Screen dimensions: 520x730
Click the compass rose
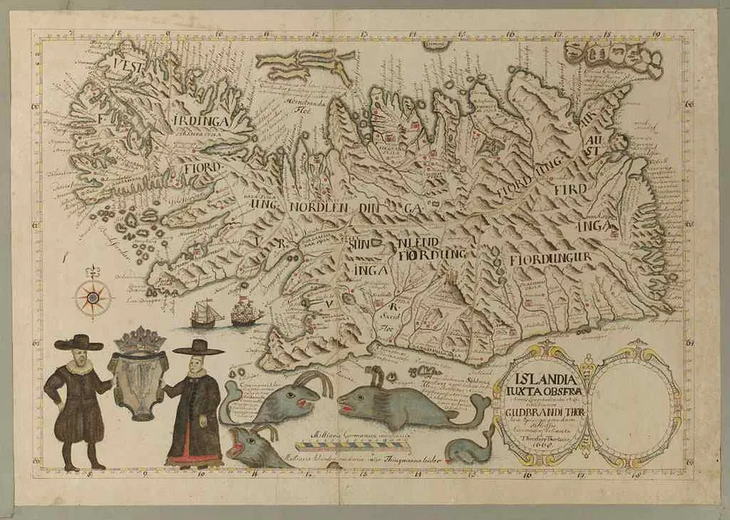[93, 297]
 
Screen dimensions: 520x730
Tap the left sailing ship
[205, 313]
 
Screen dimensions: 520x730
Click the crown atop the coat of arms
[139, 341]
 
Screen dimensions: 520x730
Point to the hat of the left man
[78, 342]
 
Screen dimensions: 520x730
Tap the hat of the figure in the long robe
[198, 347]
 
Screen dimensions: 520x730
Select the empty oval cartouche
[633, 402]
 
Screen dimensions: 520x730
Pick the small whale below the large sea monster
[468, 451]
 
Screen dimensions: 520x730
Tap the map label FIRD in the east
[570, 188]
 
